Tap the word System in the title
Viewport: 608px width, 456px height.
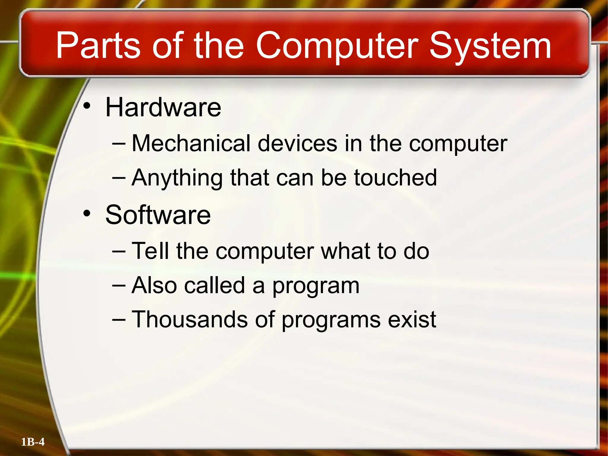point(490,46)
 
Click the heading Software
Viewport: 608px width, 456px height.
point(158,215)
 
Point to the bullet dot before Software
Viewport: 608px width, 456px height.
point(87,213)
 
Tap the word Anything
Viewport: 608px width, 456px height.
point(177,178)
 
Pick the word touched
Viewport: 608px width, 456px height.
point(395,178)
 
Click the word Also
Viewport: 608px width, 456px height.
point(154,285)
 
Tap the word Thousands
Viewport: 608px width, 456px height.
point(189,319)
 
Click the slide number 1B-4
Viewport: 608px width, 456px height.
point(33,442)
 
